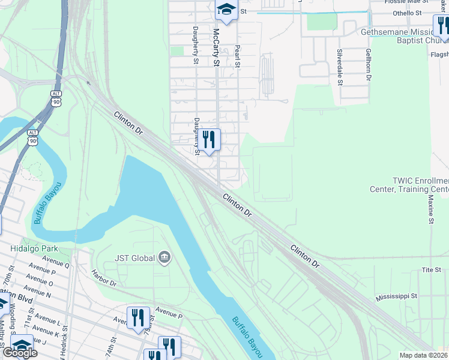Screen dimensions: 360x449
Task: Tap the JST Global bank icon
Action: point(164,259)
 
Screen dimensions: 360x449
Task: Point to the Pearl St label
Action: point(238,55)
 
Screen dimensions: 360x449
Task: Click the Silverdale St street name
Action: point(339,67)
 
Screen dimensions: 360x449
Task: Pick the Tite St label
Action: point(432,270)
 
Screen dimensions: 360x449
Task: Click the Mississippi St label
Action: point(397,296)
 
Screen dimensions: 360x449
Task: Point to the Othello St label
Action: point(392,13)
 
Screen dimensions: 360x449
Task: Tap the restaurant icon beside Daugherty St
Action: point(209,140)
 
